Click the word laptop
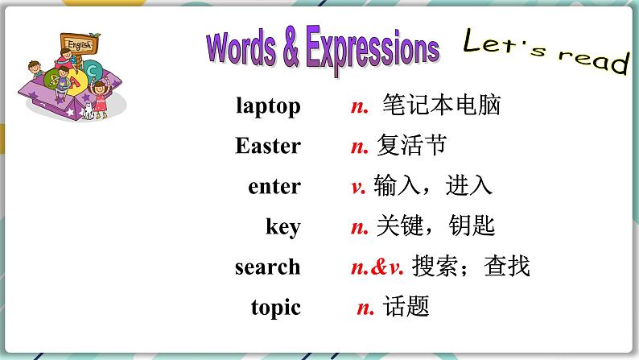pyautogui.click(x=268, y=106)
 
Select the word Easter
pyautogui.click(x=268, y=147)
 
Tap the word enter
pyautogui.click(x=274, y=187)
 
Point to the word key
pyautogui.click(x=283, y=227)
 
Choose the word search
pyautogui.click(x=267, y=267)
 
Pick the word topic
pyautogui.click(x=275, y=307)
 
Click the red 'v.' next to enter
pyautogui.click(x=358, y=187)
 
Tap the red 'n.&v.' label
pyautogui.click(x=377, y=267)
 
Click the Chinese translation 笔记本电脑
pyautogui.click(x=441, y=106)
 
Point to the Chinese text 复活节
pyautogui.click(x=411, y=147)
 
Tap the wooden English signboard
pyautogui.click(x=79, y=44)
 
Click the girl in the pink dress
pyautogui.click(x=100, y=96)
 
